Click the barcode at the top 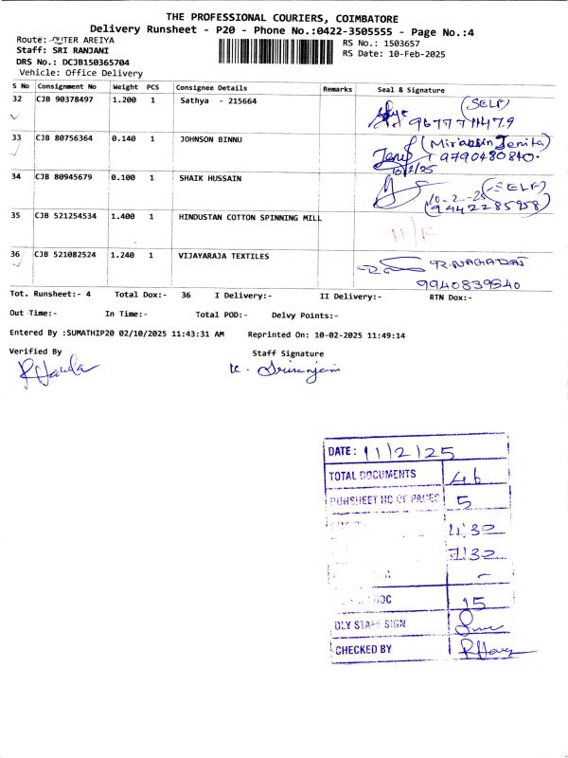pyautogui.click(x=277, y=50)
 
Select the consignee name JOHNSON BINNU pyautogui.click(x=211, y=138)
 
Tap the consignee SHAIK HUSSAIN pyautogui.click(x=210, y=177)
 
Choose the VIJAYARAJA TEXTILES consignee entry pyautogui.click(x=224, y=256)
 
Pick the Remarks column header pyautogui.click(x=337, y=88)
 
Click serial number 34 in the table pyautogui.click(x=16, y=177)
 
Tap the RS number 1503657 pyautogui.click(x=399, y=44)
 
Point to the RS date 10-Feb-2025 pyautogui.click(x=416, y=54)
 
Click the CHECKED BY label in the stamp pyautogui.click(x=360, y=649)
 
